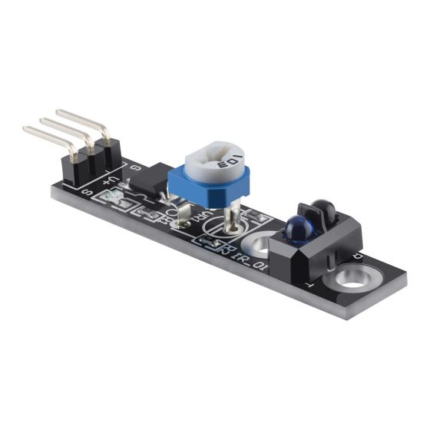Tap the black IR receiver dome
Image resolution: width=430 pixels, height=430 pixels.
[323, 207]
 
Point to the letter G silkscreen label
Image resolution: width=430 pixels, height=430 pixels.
[136, 167]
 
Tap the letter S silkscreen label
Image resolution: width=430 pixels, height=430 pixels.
[87, 192]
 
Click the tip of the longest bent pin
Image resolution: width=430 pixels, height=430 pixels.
[27, 131]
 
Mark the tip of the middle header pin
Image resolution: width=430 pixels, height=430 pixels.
[41, 121]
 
